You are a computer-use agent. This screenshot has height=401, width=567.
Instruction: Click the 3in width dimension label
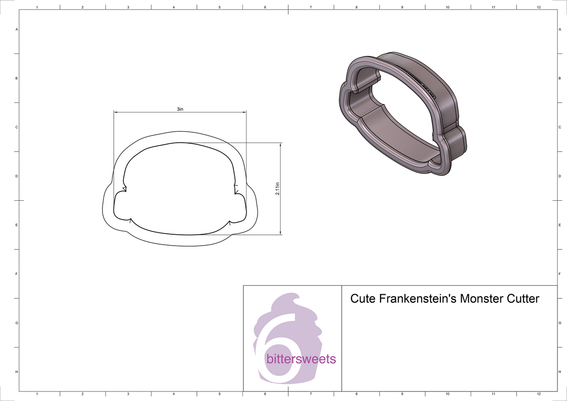point(180,109)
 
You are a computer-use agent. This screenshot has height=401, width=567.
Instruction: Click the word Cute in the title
point(362,299)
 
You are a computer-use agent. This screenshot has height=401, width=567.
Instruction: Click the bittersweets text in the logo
point(301,359)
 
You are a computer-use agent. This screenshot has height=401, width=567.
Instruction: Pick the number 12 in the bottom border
point(539,394)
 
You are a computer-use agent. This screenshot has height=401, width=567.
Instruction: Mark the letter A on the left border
point(17,30)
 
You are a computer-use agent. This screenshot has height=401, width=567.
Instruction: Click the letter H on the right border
point(559,372)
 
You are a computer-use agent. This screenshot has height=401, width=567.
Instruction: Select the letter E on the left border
point(17,225)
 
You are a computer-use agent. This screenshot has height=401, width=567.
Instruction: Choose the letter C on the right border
point(559,128)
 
